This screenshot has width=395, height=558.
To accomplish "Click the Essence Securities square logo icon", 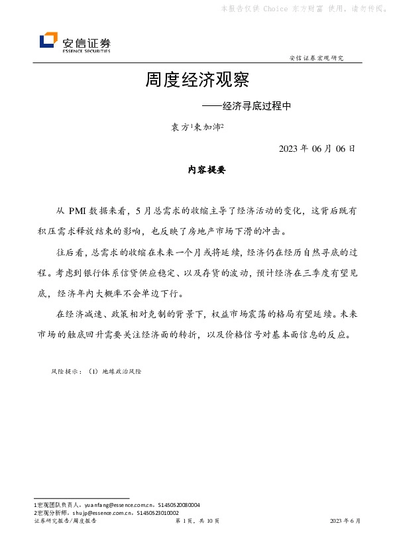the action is point(48,41).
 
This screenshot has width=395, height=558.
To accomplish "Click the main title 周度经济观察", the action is point(197,81).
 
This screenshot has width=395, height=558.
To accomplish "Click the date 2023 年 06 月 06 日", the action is point(317,148).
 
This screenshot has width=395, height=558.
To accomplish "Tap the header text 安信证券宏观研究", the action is point(317,58).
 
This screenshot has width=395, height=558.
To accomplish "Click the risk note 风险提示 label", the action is point(66,372).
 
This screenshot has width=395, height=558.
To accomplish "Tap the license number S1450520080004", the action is point(177,505).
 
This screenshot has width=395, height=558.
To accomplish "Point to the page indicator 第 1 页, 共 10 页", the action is point(197,522).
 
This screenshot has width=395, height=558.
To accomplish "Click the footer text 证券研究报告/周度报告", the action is point(65,522).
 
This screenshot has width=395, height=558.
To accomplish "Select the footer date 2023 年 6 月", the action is point(345,522).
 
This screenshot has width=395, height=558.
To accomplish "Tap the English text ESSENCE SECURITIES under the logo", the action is point(86,50).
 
